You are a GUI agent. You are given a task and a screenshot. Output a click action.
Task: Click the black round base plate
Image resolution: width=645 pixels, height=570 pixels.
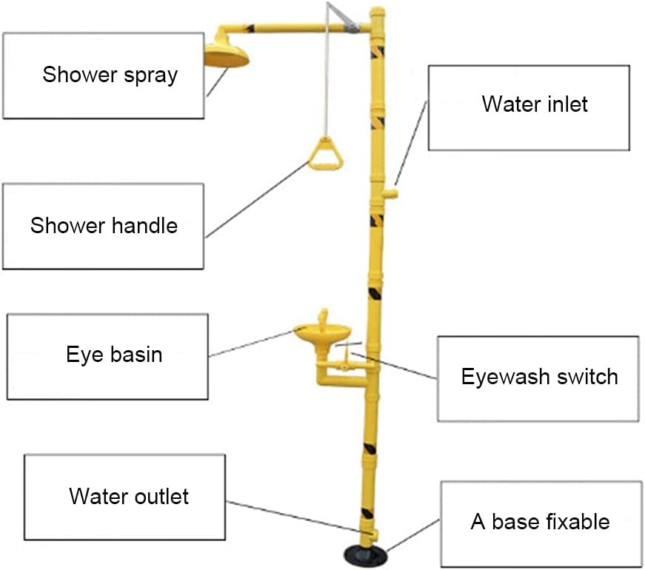coord(366,556)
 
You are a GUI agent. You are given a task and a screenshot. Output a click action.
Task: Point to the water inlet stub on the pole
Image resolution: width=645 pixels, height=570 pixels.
coord(390,193)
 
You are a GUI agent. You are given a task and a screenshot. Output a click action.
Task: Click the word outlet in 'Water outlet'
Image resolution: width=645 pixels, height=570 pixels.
coord(161,497)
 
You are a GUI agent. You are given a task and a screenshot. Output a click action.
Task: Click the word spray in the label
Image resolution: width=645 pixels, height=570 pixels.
coord(151,76)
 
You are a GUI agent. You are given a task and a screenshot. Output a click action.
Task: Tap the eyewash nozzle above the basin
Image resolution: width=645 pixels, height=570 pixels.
coord(324,317)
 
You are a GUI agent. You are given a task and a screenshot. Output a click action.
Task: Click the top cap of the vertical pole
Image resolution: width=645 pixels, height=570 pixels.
coord(377,13)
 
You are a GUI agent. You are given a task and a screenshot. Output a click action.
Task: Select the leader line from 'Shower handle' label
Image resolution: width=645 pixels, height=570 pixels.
coord(258,199)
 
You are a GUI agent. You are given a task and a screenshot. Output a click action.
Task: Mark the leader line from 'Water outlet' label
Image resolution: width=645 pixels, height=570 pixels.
coord(299,517)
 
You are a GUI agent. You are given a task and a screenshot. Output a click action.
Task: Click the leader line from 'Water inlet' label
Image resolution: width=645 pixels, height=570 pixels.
coord(410,143)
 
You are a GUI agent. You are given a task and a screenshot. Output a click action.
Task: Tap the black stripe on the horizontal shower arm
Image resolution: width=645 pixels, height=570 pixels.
coord(250,29)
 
